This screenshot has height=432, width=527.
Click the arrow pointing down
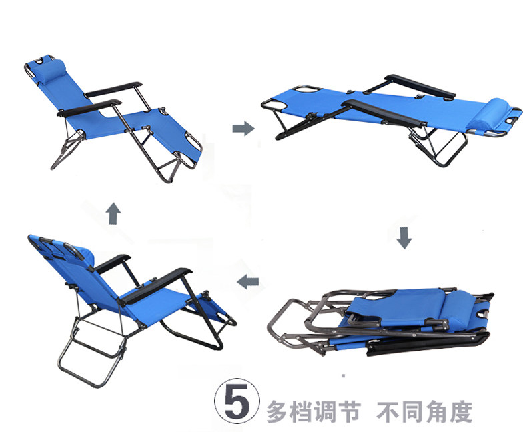tap(403, 238)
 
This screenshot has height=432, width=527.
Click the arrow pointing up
tap(113, 214)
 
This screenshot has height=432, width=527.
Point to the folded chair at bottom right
tap(387, 320)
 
